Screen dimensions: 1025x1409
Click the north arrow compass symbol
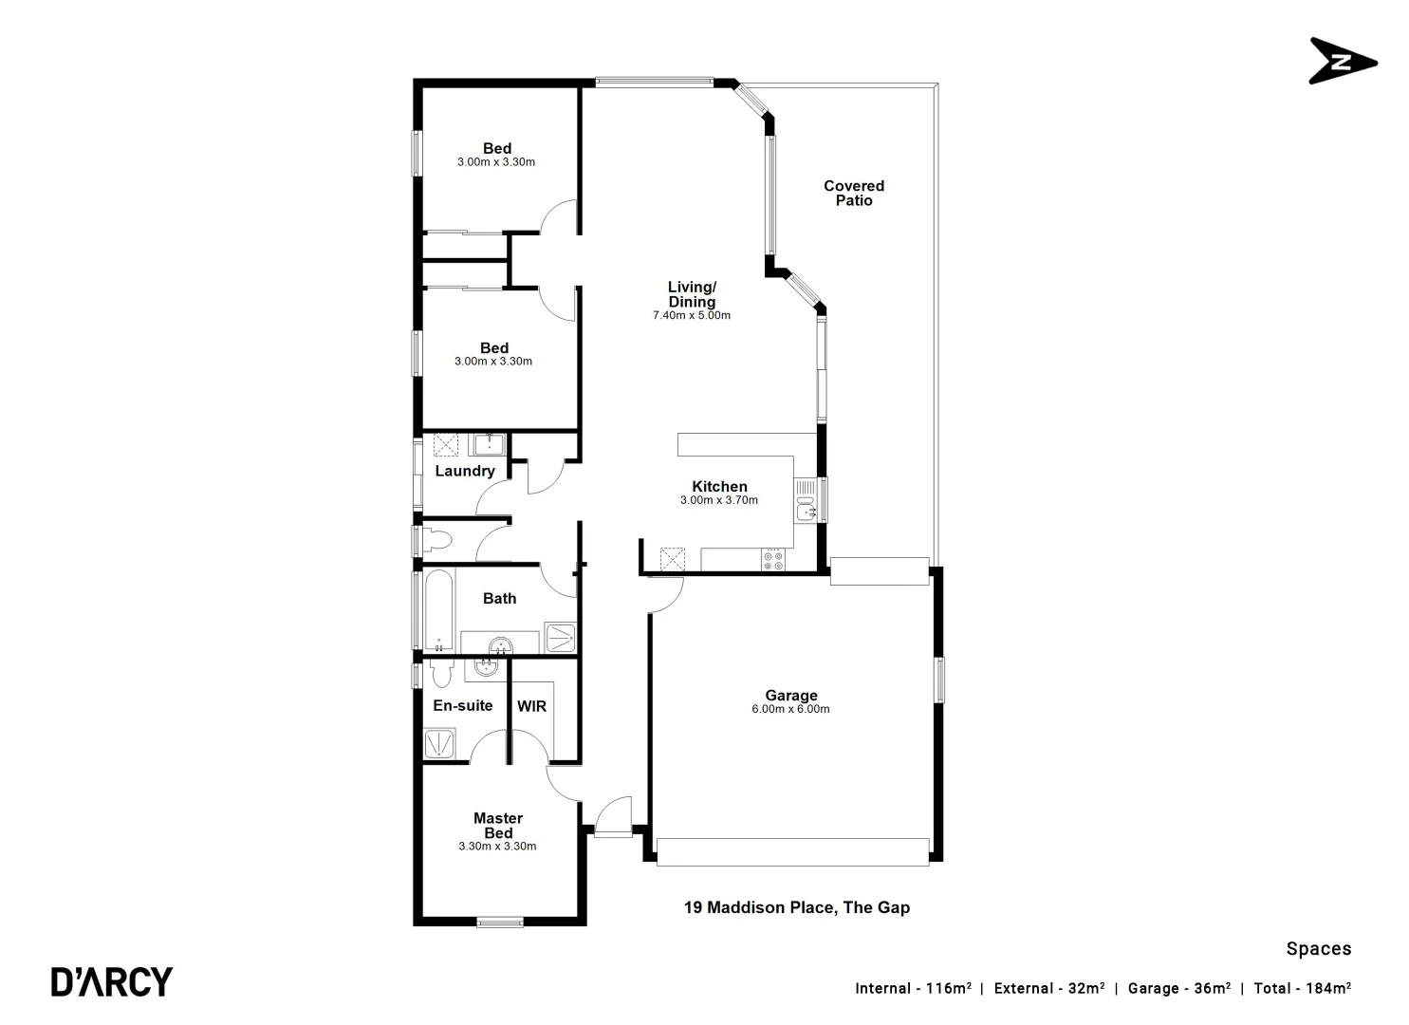(x=1342, y=62)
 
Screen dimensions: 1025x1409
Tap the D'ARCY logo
(x=112, y=981)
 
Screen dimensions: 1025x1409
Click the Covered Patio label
(x=853, y=193)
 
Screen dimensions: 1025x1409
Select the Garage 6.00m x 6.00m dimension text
(x=790, y=709)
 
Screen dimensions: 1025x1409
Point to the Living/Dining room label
(x=692, y=294)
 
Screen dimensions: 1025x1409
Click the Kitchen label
(x=719, y=487)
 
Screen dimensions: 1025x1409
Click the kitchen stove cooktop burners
(x=772, y=560)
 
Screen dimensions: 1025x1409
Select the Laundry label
(x=465, y=471)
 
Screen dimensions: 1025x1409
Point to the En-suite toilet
(x=439, y=672)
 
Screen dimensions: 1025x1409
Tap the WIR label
(x=531, y=706)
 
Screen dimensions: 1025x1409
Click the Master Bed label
(x=498, y=825)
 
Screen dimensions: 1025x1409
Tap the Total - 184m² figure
(x=1302, y=988)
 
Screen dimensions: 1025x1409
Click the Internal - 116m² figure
(x=912, y=988)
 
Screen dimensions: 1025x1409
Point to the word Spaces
(x=1318, y=948)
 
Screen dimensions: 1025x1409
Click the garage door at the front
(x=791, y=851)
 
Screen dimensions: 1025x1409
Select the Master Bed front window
(x=500, y=921)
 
